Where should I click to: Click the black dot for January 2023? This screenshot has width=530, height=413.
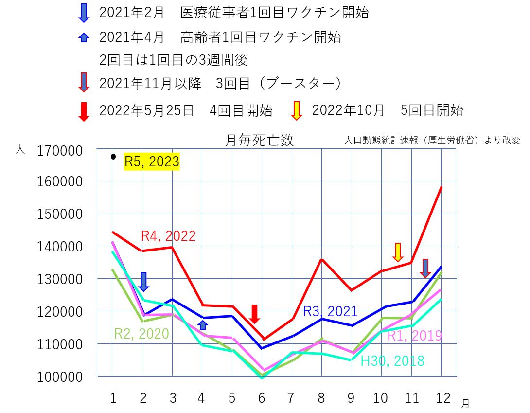coord(113,157)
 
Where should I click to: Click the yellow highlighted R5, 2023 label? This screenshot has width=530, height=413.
coord(152,162)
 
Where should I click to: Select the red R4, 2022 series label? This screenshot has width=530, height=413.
coord(168,236)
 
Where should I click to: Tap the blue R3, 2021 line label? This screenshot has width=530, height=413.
coord(330,311)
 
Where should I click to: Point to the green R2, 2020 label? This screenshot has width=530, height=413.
coord(141,334)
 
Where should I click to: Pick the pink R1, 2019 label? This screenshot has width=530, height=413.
coord(414,336)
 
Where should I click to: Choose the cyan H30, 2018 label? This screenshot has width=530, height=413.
coord(392,361)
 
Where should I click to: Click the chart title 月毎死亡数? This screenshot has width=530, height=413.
coord(259,141)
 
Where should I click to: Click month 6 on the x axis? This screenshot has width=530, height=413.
coord(262,398)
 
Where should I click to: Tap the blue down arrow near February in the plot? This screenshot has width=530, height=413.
coord(143,282)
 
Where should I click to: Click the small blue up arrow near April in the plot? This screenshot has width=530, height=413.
coord(203,324)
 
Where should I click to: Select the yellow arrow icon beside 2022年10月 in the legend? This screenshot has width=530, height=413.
coord(296,110)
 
